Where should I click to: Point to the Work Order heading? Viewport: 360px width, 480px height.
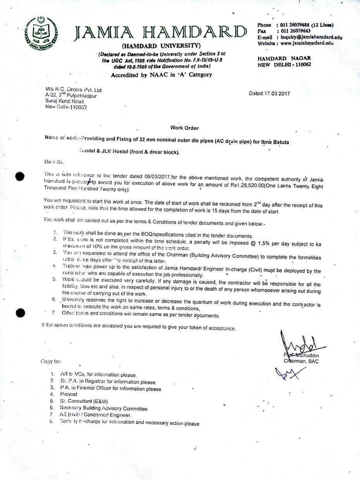click(x=184, y=128)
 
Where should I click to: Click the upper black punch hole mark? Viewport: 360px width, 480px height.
click(x=20, y=177)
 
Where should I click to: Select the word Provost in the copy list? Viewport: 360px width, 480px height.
click(x=69, y=394)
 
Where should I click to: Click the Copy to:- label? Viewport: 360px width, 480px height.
click(x=51, y=361)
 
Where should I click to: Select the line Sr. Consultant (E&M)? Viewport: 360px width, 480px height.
click(x=84, y=401)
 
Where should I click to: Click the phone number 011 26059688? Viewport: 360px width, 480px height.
click(x=296, y=25)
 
